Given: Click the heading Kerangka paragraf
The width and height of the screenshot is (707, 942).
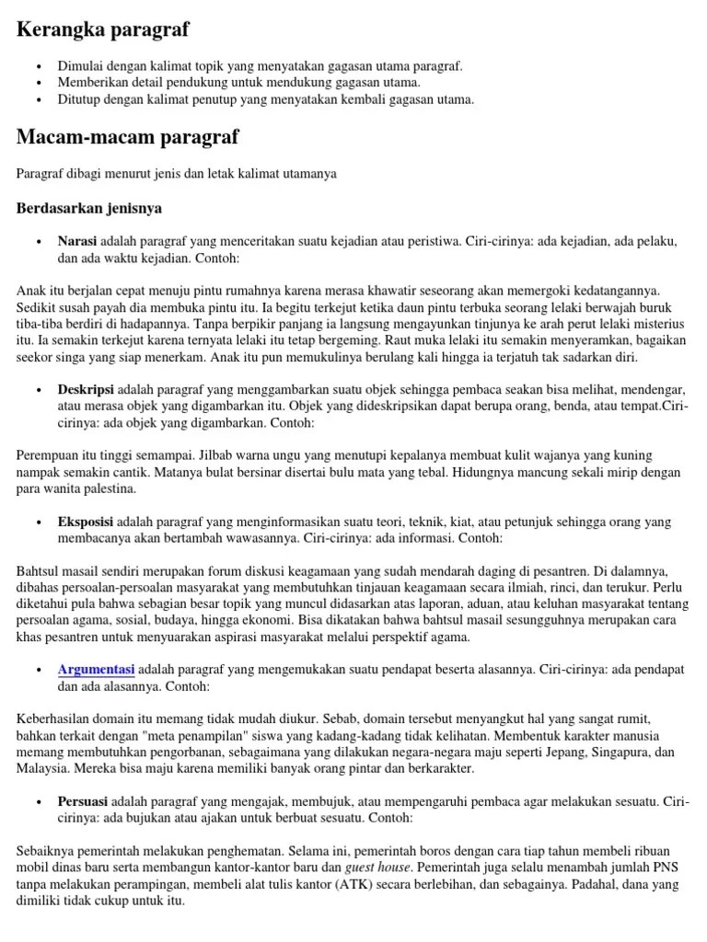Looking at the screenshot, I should click(x=103, y=29).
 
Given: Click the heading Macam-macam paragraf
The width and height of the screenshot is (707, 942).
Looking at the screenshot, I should click(x=128, y=137).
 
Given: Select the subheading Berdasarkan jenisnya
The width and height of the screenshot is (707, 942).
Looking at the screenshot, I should click(x=89, y=208).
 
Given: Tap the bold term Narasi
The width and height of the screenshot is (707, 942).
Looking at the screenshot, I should click(x=77, y=241).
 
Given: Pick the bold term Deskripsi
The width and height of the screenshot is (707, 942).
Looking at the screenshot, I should click(x=86, y=390).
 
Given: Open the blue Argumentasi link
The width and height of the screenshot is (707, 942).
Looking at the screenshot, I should click(x=97, y=669).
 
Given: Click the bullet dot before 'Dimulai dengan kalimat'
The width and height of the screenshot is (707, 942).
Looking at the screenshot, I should click(x=39, y=66).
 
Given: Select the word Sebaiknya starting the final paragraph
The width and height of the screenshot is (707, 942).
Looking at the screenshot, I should click(x=47, y=851).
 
